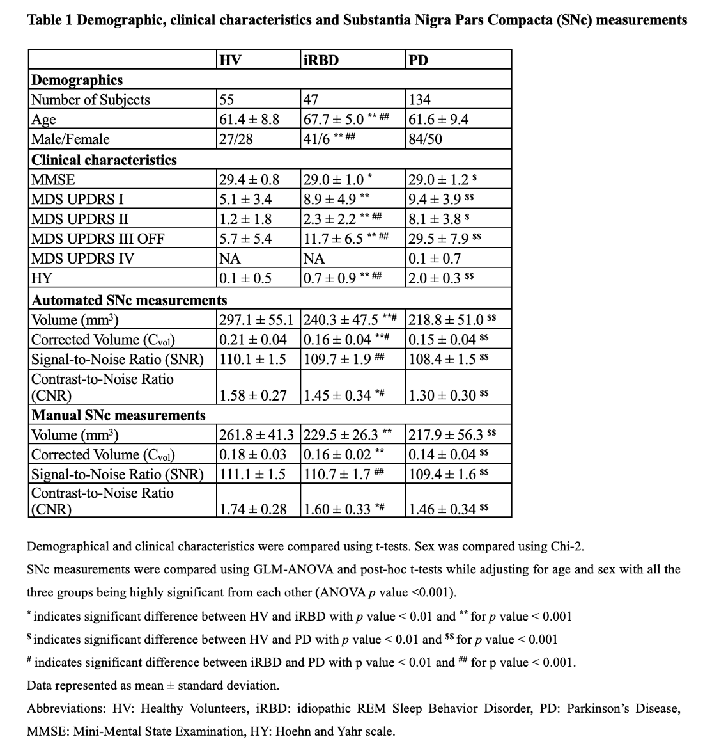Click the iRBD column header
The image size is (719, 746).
320,60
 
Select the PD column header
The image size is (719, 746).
418,60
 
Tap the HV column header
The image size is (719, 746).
230,60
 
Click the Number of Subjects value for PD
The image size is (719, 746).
420,100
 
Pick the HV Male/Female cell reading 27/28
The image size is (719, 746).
236,139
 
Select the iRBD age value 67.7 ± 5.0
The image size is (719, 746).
333,120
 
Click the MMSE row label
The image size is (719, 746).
53,180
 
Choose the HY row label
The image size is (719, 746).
42,278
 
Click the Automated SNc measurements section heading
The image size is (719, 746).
129,300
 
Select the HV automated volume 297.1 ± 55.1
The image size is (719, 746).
256,320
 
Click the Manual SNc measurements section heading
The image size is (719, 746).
119,415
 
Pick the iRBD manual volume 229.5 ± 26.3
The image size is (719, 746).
340,435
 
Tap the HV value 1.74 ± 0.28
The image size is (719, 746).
252,509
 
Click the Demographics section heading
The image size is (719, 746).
77,80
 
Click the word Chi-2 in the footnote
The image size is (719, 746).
566,546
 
